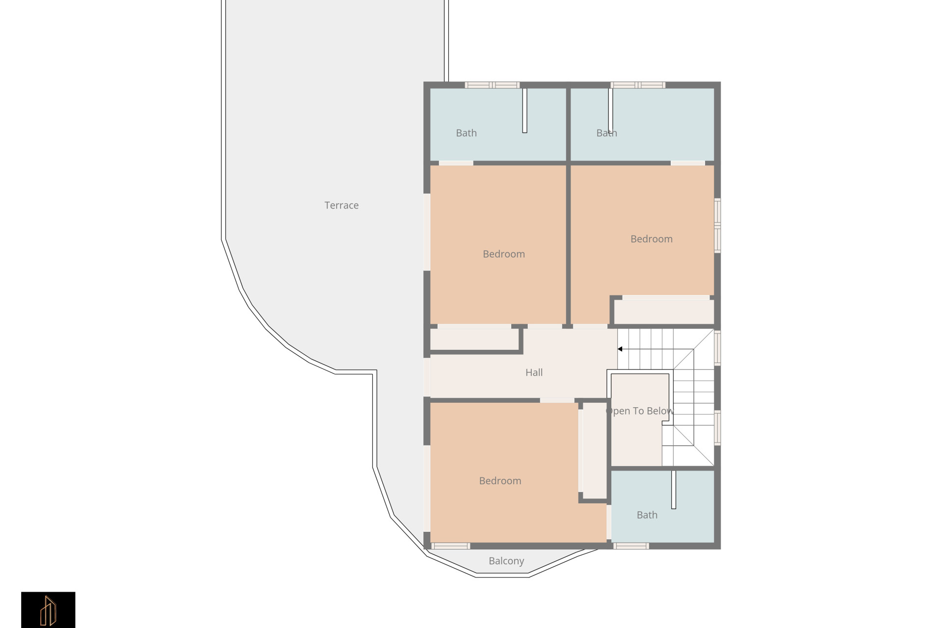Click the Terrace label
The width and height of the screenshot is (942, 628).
point(341,206)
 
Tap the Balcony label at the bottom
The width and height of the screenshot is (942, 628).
point(506,561)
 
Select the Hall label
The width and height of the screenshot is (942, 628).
point(534,372)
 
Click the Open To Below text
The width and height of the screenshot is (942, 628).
point(640,411)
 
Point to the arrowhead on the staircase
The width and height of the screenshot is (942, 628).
point(620,349)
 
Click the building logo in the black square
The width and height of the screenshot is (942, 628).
point(48,610)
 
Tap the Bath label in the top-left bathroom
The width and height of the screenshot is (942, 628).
point(466,133)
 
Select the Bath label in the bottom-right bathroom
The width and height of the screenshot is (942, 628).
point(647,515)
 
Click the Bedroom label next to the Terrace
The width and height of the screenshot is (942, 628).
point(503,254)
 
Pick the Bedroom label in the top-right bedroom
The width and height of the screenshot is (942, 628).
point(651,239)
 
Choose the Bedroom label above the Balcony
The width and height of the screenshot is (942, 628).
point(500,481)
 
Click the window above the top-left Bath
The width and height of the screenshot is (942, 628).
point(492,85)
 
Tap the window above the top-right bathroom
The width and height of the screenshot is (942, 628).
point(638,85)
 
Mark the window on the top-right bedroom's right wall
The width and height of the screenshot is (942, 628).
point(717,226)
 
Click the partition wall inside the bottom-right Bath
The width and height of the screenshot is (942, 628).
point(674,490)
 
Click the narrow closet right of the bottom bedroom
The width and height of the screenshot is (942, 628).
point(594,450)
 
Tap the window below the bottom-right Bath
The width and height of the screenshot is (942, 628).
point(631,546)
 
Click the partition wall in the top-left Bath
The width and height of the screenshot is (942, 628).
point(524,110)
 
